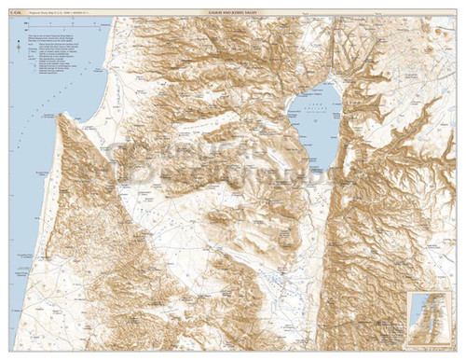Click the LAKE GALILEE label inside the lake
[x=317, y=113]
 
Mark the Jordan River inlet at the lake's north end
[x=327, y=82]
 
